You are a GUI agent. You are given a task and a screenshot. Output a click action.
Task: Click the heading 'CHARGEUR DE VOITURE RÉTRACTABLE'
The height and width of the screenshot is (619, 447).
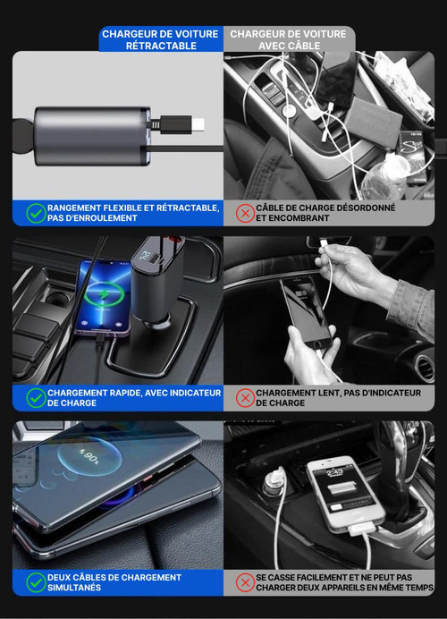coord(160,39)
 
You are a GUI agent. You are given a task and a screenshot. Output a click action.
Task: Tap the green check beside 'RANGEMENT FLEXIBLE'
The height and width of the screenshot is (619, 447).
coord(36,213)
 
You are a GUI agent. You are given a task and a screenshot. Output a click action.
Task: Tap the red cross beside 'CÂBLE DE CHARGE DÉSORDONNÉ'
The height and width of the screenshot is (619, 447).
coord(245,213)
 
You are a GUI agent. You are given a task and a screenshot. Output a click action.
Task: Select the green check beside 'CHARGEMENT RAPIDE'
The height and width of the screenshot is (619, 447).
coord(36,398)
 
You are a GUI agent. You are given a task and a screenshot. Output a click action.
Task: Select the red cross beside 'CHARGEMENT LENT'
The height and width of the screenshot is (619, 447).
coord(245,398)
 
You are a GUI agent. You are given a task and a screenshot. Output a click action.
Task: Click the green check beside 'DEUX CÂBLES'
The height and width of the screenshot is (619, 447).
coord(36,582)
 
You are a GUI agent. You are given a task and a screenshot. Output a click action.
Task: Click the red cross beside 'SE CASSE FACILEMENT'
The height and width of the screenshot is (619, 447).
coord(245,582)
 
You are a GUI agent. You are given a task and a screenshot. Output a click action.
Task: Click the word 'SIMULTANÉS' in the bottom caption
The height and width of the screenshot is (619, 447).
coord(74,588)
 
